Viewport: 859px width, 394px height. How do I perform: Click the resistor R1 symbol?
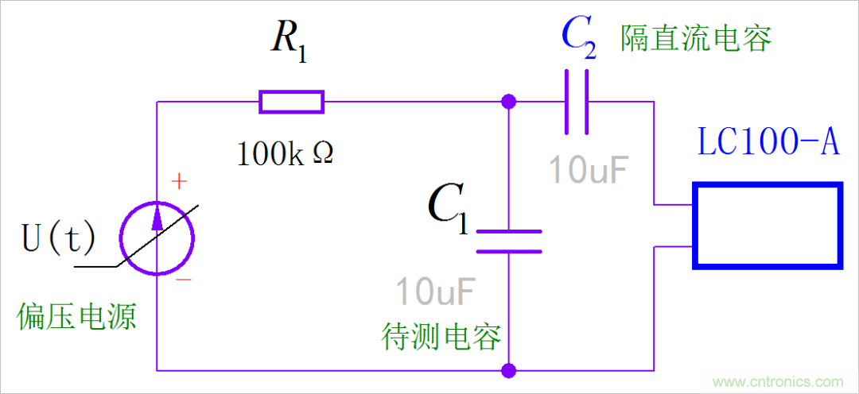[x=291, y=102]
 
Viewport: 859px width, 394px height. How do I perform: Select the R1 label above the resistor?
[x=288, y=41]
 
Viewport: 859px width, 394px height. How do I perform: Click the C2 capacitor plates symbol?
[x=577, y=102]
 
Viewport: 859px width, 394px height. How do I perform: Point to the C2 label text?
[x=579, y=37]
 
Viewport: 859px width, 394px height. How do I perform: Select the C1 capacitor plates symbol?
[x=509, y=241]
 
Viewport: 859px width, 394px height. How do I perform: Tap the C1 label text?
[x=448, y=208]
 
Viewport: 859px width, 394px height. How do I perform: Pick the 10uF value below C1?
[x=436, y=292]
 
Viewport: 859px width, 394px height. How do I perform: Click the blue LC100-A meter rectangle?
[x=767, y=226]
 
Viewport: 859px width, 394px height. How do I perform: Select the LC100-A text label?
[x=768, y=142]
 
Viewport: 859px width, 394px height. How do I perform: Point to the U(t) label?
[x=58, y=238]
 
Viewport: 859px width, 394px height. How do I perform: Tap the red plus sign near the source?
[x=180, y=183]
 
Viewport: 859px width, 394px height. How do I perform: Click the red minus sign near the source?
[x=183, y=279]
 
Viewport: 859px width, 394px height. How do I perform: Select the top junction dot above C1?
[x=509, y=102]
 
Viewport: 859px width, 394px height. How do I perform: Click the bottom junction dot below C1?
[x=509, y=370]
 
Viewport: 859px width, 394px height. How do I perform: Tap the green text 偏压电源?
[x=76, y=317]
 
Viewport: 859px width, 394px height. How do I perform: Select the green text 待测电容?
[x=441, y=337]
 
